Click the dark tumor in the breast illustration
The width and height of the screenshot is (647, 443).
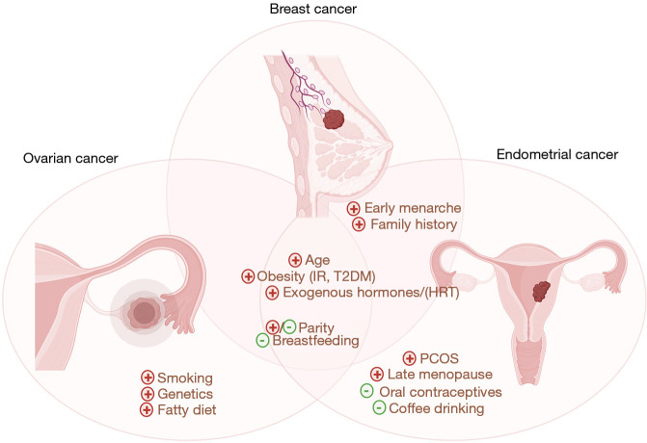[x=333, y=120]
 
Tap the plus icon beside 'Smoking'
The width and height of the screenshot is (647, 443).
[x=148, y=378]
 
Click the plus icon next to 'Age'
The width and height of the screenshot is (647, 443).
[x=295, y=259]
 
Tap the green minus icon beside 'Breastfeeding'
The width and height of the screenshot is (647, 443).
[x=261, y=340]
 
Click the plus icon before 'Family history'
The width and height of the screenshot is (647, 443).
[x=359, y=224]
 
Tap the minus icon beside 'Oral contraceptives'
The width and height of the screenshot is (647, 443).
[x=366, y=391]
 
